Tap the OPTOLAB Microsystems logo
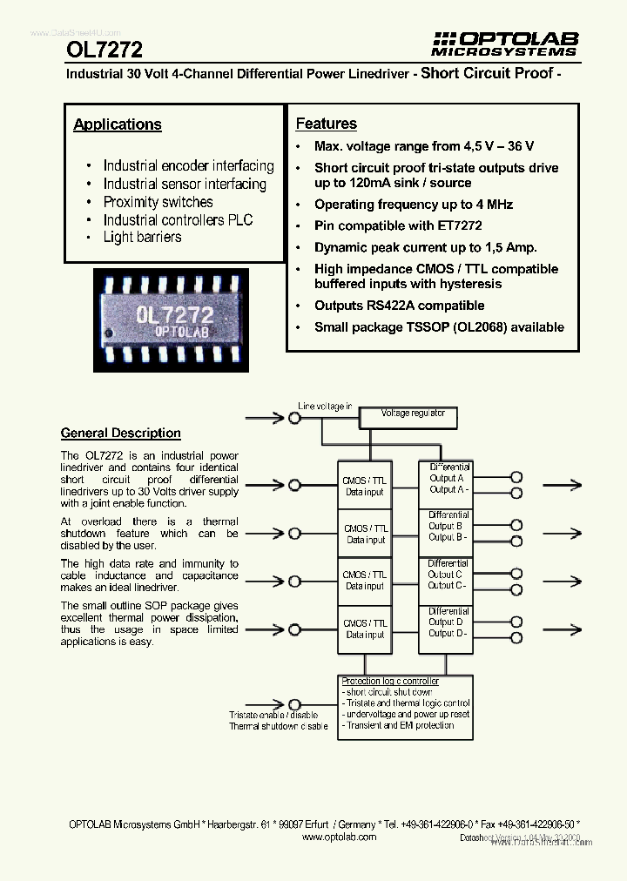[x=505, y=44]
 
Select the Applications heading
[x=118, y=124]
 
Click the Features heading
[x=327, y=124]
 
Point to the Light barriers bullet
[x=142, y=237]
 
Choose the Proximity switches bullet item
[x=158, y=202]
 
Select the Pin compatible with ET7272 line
[x=398, y=225]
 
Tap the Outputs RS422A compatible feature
[x=399, y=306]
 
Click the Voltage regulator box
[x=413, y=414]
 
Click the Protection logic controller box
[x=405, y=703]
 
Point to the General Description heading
[x=121, y=433]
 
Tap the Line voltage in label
[x=325, y=407]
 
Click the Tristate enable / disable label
[x=273, y=715]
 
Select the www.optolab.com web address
[x=339, y=837]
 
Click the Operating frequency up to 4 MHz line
[x=414, y=205]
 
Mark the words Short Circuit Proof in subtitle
[x=487, y=73]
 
